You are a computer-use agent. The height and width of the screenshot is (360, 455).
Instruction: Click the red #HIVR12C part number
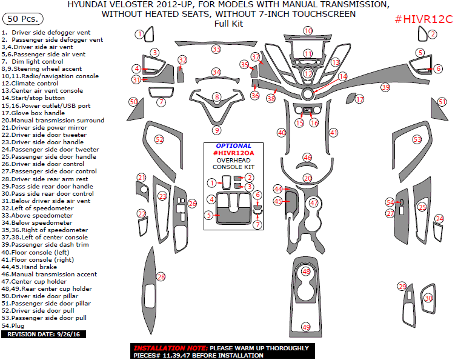coord(423,19)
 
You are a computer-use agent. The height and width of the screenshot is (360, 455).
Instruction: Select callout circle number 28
coord(161,277)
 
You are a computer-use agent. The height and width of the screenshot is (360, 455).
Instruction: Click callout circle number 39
coord(385,88)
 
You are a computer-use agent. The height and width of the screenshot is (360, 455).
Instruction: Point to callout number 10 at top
coord(308,31)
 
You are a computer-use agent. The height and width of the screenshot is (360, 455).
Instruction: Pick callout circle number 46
coord(308,157)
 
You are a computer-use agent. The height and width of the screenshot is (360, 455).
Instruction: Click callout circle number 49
coord(306,327)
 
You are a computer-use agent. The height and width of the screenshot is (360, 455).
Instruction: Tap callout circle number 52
coord(159,139)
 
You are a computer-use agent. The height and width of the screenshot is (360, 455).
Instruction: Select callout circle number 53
coord(417,139)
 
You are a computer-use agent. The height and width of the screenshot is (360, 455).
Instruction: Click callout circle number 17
coord(360,99)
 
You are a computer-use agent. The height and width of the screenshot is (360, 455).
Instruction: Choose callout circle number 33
coord(216,48)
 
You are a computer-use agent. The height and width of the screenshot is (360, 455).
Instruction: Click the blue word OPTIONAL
coord(234,146)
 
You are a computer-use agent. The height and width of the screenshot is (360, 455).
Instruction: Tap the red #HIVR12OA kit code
coord(233,153)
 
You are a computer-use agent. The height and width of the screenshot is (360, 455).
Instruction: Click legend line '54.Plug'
coord(13,324)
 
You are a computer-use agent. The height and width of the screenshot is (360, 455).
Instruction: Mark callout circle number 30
coord(428,298)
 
